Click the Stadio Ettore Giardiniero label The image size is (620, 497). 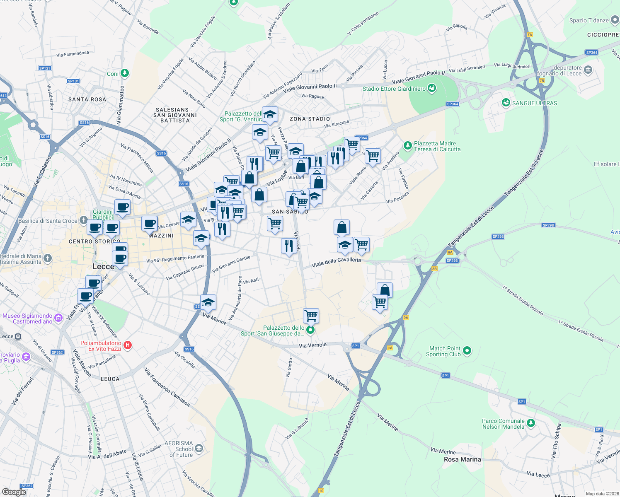(394, 89)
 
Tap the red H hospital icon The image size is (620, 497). (128, 345)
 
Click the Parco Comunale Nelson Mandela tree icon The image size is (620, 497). (531, 423)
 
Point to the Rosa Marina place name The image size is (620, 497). (462, 459)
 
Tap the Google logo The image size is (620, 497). (14, 492)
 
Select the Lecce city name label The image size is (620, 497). (103, 266)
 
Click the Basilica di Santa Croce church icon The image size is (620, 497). (84, 220)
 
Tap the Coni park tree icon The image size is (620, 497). (125, 73)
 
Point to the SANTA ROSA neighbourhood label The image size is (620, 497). (87, 99)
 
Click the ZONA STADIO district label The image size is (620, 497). (310, 119)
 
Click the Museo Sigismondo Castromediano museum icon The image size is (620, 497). (58, 318)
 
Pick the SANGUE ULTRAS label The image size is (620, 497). (535, 103)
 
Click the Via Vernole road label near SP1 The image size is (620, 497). (312, 345)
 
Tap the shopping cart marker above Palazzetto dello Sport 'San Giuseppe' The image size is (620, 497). (311, 316)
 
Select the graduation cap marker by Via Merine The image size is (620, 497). (208, 303)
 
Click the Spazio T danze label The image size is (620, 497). (589, 20)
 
